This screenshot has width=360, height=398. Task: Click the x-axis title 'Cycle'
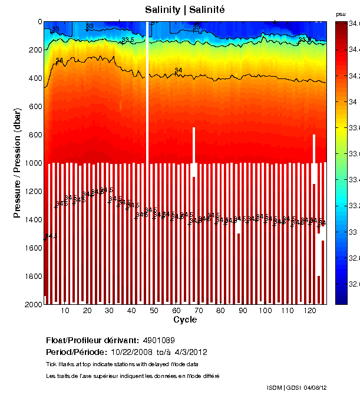point(185,320)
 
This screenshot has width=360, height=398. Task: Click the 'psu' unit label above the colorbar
point(341,14)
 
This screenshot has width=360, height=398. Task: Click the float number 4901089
point(158,340)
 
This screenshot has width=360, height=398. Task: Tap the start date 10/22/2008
point(131,352)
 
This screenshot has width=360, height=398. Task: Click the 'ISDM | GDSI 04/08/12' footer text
point(296,388)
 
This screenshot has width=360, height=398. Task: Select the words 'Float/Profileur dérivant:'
point(92,340)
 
